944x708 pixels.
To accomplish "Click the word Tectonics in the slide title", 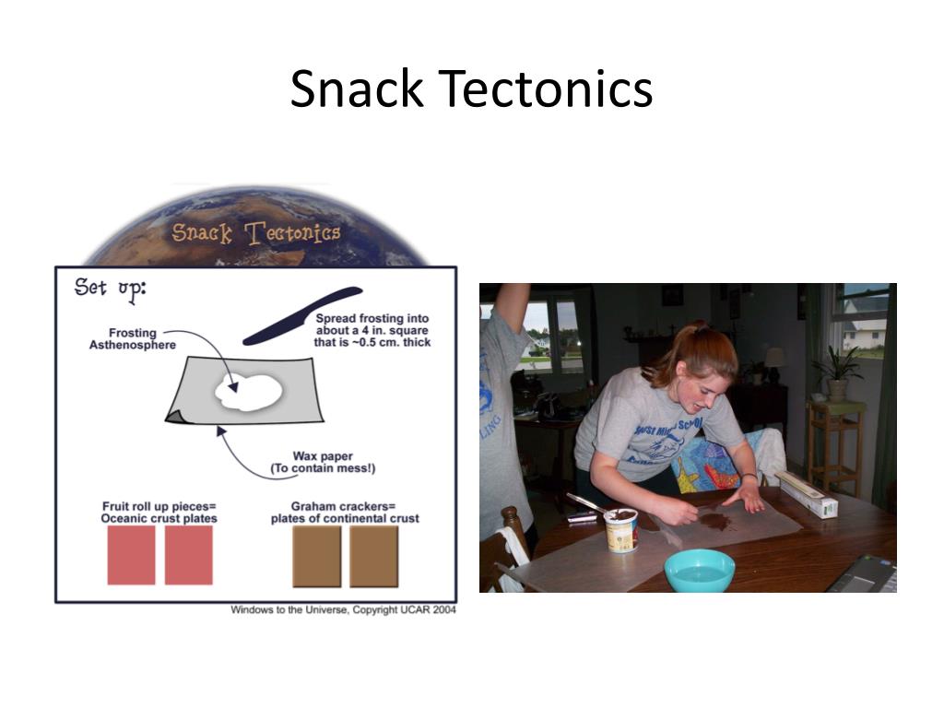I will (545, 89).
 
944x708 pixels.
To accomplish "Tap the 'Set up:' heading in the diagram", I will (110, 288).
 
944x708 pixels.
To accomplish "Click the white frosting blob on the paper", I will (249, 392).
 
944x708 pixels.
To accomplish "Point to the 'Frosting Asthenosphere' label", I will (133, 338).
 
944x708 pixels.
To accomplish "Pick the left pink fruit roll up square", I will (131, 555).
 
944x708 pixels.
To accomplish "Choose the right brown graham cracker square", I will (373, 556).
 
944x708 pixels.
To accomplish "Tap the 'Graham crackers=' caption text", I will (344, 506).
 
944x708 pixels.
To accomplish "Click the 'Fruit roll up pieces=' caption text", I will (159, 506).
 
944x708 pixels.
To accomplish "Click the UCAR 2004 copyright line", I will (342, 610).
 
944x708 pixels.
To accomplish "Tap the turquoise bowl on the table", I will (699, 570).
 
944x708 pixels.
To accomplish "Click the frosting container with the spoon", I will (620, 529).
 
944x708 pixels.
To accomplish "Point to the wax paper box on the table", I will (807, 494).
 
